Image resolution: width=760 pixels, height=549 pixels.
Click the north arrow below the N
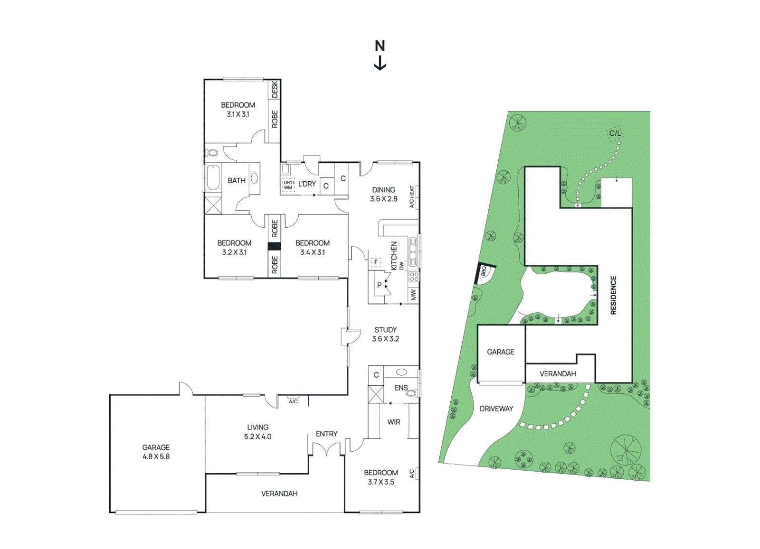380,64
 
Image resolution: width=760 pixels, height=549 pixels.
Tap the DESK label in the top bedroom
275,89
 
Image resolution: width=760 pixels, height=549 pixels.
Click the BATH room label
236,180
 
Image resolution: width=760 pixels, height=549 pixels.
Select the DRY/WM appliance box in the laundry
288,185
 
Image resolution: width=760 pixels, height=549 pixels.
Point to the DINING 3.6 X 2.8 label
383,194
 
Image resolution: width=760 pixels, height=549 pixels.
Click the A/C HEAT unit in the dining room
413,196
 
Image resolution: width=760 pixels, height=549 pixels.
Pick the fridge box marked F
376,262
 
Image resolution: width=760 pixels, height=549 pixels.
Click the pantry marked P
380,285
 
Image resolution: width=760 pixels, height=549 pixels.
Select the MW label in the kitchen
413,295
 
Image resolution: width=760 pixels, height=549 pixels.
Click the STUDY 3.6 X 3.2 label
385,334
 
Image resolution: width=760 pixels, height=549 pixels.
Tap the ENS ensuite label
401,388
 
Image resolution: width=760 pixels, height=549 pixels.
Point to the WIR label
394,422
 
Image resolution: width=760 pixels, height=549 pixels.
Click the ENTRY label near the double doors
326,434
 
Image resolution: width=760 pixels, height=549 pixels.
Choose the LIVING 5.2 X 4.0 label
257,432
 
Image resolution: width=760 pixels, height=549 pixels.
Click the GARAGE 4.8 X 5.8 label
156,452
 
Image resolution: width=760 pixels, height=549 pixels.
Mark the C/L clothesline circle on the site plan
615,133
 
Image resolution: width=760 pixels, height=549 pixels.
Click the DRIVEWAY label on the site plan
496,409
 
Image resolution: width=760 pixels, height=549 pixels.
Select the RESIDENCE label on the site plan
613,295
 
